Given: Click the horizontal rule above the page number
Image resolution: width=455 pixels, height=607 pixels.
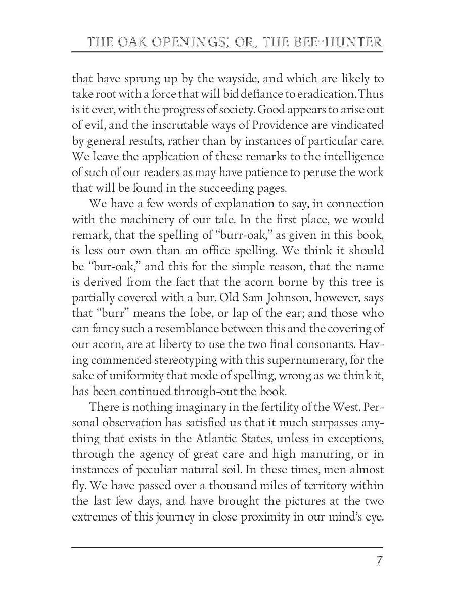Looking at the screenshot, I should (x=227, y=547).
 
